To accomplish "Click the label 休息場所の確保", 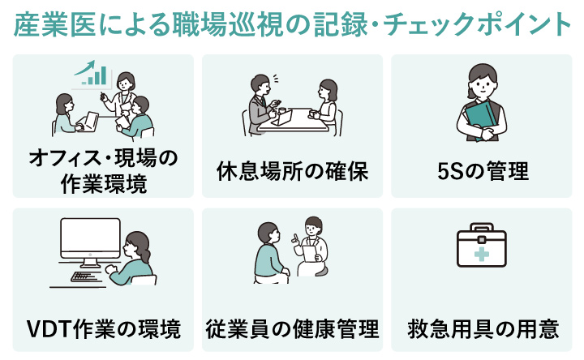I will tap(292, 172).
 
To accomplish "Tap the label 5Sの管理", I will tap(481, 172).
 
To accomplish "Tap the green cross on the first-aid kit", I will tap(482, 254).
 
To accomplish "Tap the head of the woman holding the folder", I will tap(482, 78).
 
